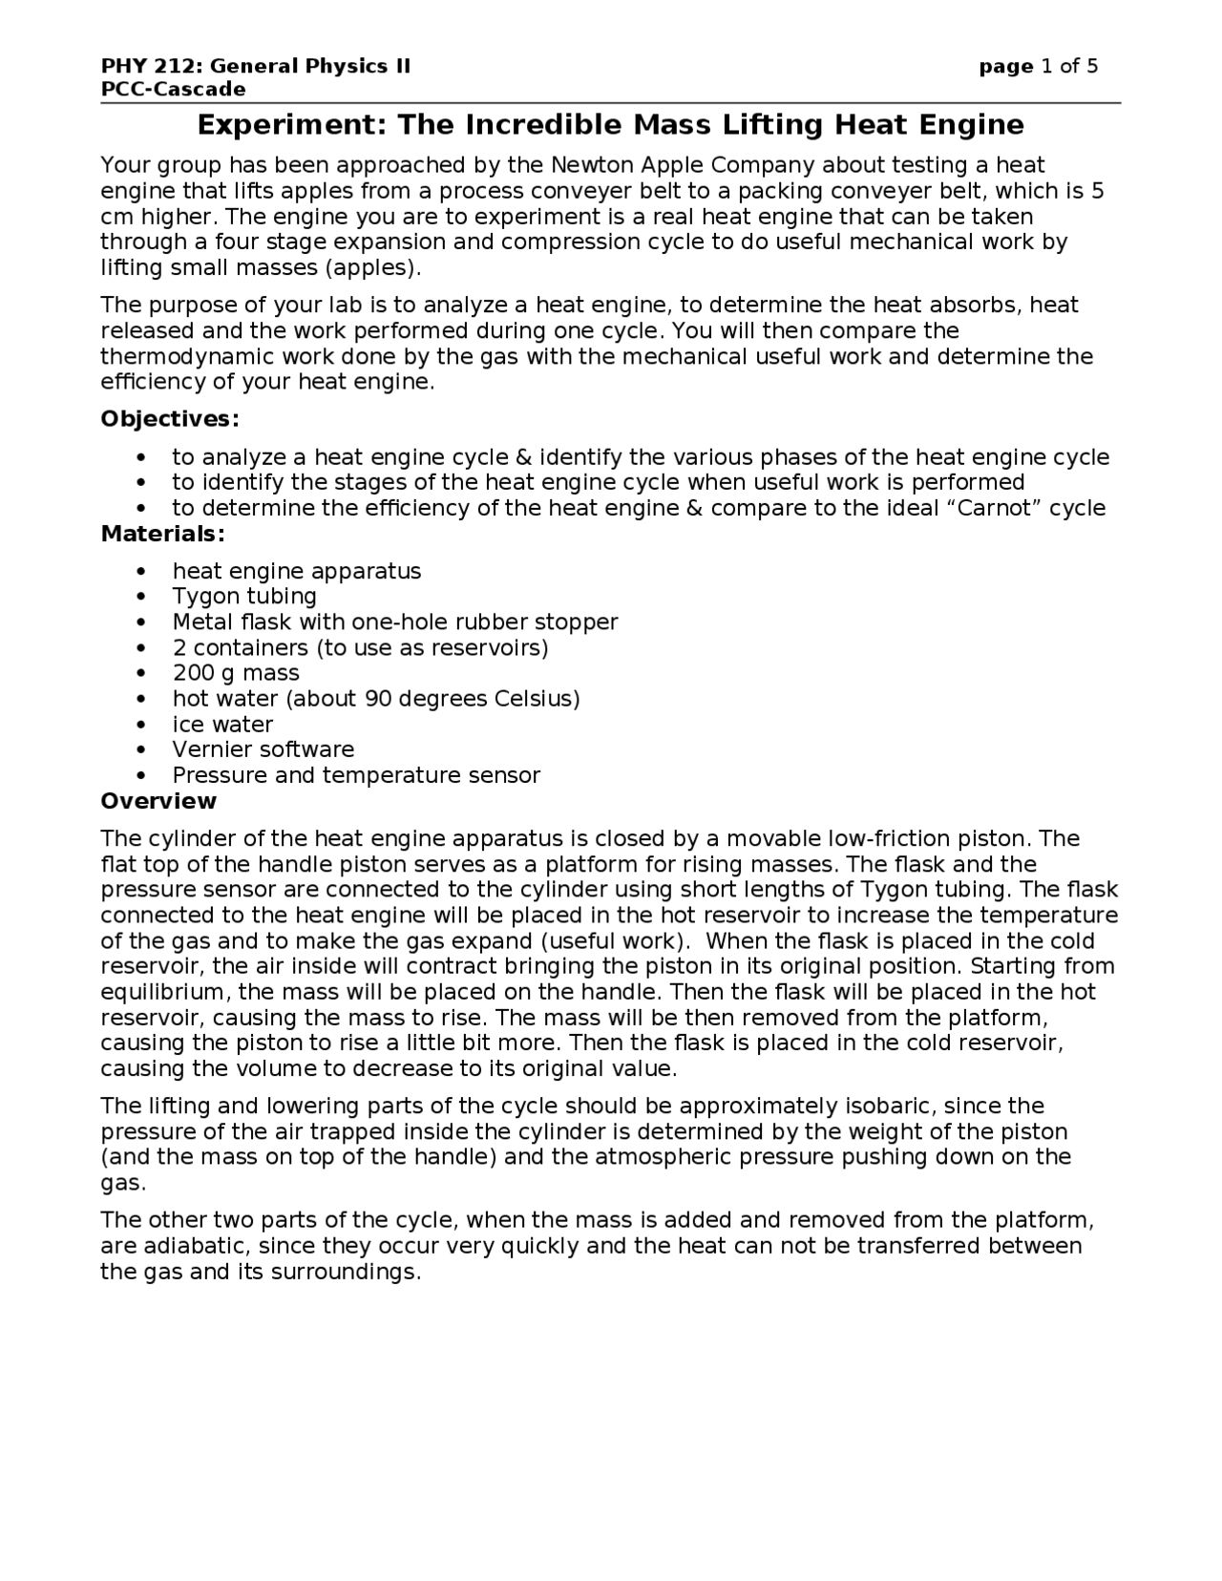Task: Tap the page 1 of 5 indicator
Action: [1039, 67]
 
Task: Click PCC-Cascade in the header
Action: [173, 90]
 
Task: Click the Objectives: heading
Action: [170, 419]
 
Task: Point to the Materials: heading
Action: [162, 534]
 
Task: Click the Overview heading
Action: [158, 801]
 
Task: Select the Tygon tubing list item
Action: [244, 597]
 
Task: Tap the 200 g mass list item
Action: [235, 673]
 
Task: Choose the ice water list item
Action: [222, 725]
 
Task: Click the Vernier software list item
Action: [263, 749]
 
